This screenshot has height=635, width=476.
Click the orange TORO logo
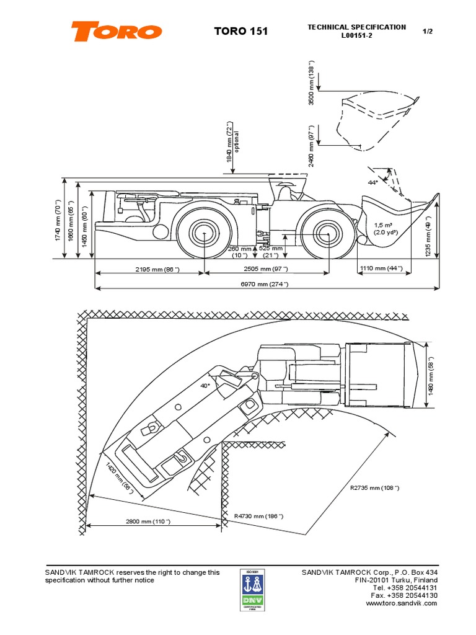(x=116, y=31)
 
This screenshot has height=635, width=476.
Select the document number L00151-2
(x=356, y=36)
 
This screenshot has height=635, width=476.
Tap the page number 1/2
(x=427, y=31)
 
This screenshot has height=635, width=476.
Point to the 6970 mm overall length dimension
(x=266, y=283)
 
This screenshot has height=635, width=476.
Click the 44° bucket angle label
(x=372, y=182)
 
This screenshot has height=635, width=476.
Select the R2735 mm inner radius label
(x=375, y=488)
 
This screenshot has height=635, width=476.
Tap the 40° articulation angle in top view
(x=205, y=385)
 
